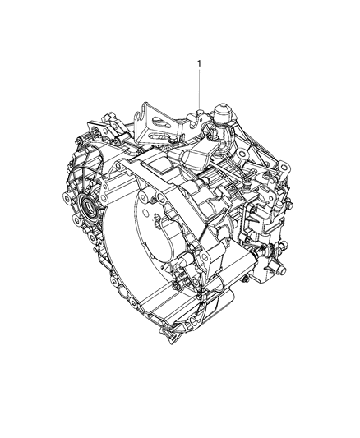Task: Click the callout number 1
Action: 199,62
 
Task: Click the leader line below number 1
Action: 199,86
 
